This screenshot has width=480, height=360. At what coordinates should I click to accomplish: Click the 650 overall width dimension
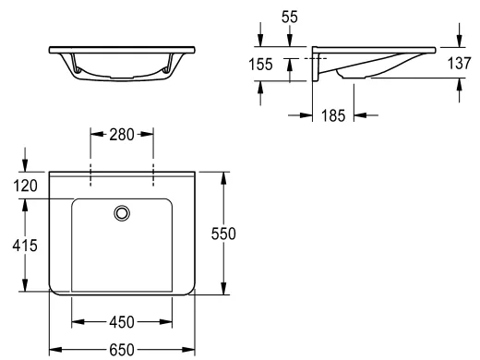tap(122, 350)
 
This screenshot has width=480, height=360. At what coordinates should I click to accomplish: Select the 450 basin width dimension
tap(122, 322)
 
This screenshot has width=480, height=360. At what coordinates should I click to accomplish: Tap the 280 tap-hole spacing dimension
tap(122, 135)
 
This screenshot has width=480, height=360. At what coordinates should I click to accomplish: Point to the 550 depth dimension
tap(223, 234)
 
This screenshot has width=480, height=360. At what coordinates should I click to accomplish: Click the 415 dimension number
tap(25, 246)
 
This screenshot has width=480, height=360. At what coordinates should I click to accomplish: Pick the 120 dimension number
tap(25, 186)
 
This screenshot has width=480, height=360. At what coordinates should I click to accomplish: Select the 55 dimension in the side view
tap(290, 17)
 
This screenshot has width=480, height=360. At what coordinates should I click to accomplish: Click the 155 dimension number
tap(260, 65)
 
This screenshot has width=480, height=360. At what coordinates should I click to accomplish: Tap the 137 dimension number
tap(459, 63)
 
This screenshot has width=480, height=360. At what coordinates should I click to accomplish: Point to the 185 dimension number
tap(333, 115)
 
